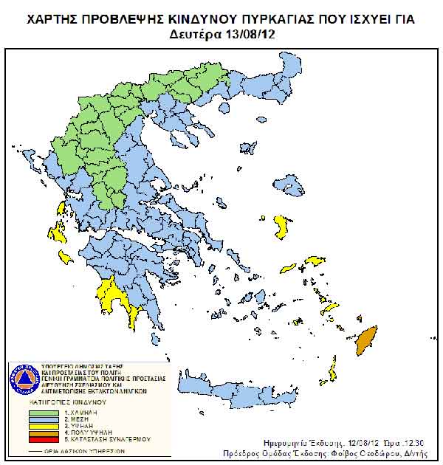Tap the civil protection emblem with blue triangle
pyautogui.click(x=24, y=380)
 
